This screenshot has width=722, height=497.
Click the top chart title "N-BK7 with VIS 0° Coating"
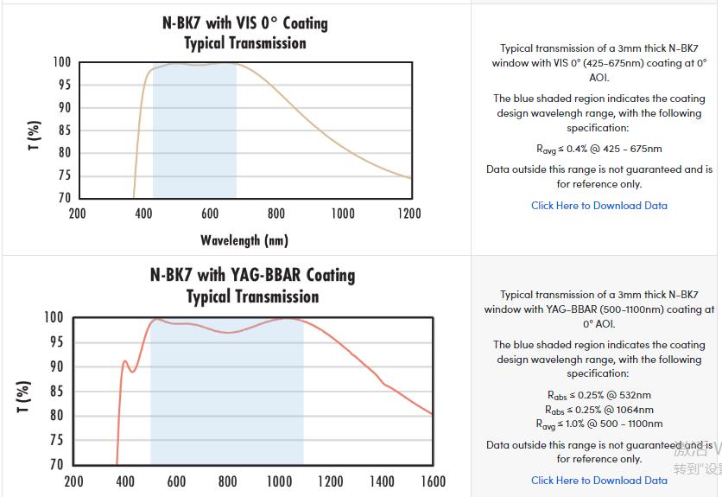(x=245, y=23)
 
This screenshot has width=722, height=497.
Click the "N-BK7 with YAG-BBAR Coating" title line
(x=252, y=275)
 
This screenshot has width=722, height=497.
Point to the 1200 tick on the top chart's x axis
(x=408, y=213)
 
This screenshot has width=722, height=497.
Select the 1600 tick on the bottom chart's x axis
(x=433, y=481)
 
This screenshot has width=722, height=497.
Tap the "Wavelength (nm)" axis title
(x=244, y=240)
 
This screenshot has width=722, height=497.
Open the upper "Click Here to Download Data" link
(x=598, y=206)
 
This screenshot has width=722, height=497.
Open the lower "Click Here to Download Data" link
(x=598, y=481)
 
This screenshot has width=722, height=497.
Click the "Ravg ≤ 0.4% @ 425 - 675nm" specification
(x=598, y=149)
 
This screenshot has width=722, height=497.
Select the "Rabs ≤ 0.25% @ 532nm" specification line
(x=598, y=395)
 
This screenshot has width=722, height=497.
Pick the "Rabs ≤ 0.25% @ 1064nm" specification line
(x=598, y=410)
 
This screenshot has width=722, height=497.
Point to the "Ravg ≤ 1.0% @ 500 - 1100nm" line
(x=598, y=424)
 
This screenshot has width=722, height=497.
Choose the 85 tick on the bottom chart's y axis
(x=55, y=392)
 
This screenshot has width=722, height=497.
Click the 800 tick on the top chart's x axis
(x=276, y=213)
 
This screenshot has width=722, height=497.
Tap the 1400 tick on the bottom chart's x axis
(x=382, y=481)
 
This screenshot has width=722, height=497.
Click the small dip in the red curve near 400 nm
(x=132, y=372)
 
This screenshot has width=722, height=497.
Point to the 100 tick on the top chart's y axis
(x=60, y=62)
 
